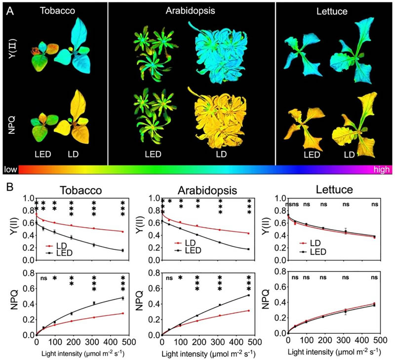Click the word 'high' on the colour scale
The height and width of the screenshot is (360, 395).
382,169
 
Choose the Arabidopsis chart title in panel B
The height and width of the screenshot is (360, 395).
210,190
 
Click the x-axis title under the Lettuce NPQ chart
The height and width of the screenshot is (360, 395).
334,351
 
